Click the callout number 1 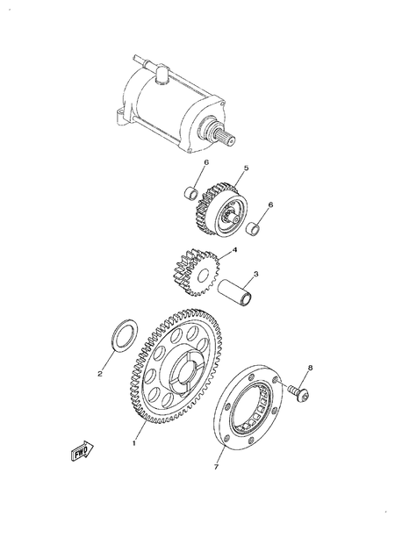(x=133, y=444)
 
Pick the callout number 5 (x=222, y=168)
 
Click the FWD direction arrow (x=76, y=453)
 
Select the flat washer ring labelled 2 (x=122, y=334)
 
